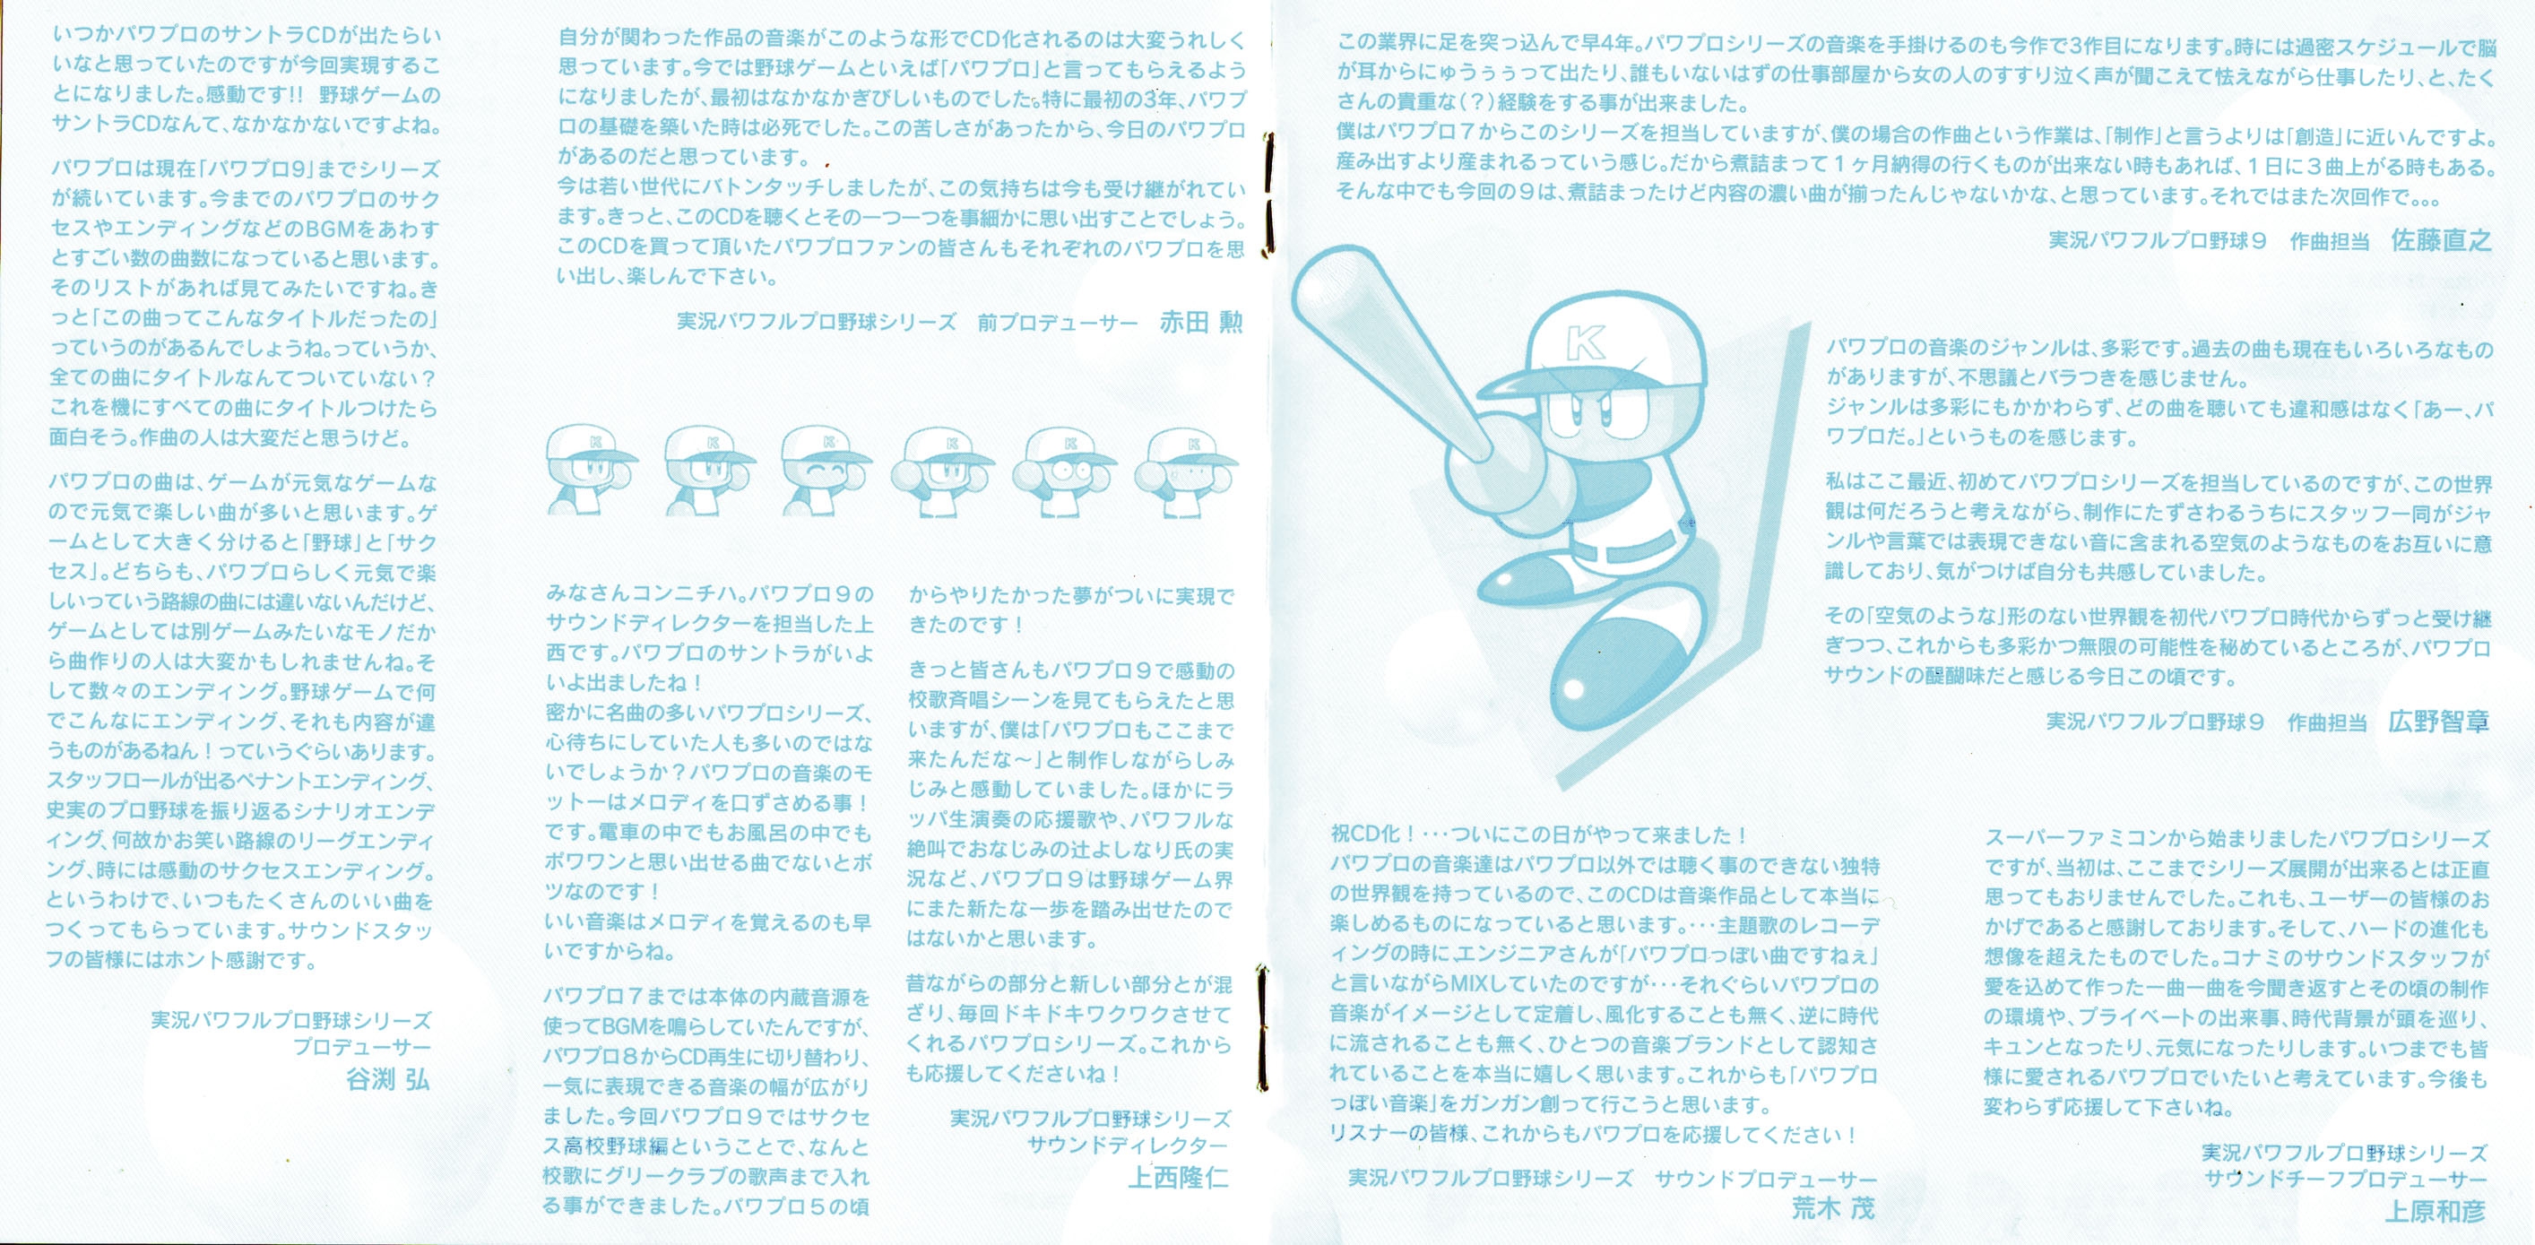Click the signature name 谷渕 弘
click(388, 1080)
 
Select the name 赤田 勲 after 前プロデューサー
click(1200, 322)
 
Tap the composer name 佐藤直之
click(2441, 240)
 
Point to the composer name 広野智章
click(2438, 722)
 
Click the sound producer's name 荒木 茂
click(1832, 1208)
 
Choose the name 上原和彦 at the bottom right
click(2436, 1212)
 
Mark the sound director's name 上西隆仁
click(1178, 1177)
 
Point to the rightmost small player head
click(1187, 471)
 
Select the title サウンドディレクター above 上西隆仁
click(1128, 1146)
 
